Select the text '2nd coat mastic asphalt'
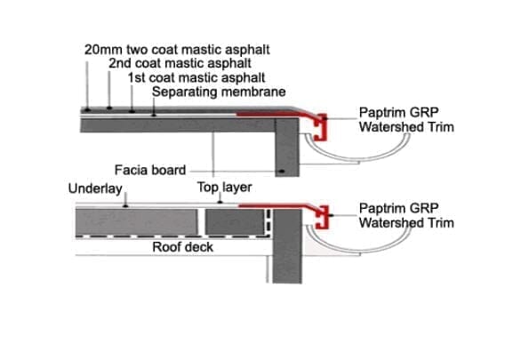click(179, 64)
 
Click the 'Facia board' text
click(149, 170)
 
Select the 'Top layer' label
click(224, 188)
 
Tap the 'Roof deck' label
click(182, 246)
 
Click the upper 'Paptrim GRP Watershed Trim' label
click(405, 120)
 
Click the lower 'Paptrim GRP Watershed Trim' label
click(405, 216)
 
